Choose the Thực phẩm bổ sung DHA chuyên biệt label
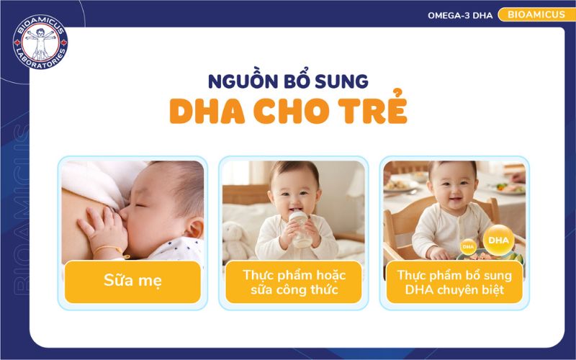(x=454, y=282)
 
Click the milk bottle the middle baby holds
(x=300, y=229)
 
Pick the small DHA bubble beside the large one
(x=469, y=246)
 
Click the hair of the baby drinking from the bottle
(x=294, y=167)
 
